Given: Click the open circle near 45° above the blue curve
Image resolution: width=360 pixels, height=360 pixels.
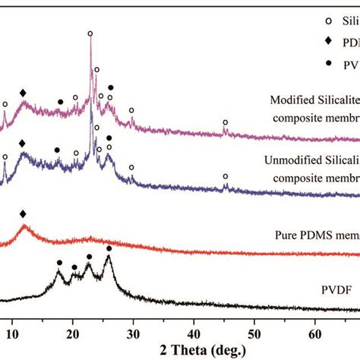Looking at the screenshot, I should (x=225, y=176).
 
